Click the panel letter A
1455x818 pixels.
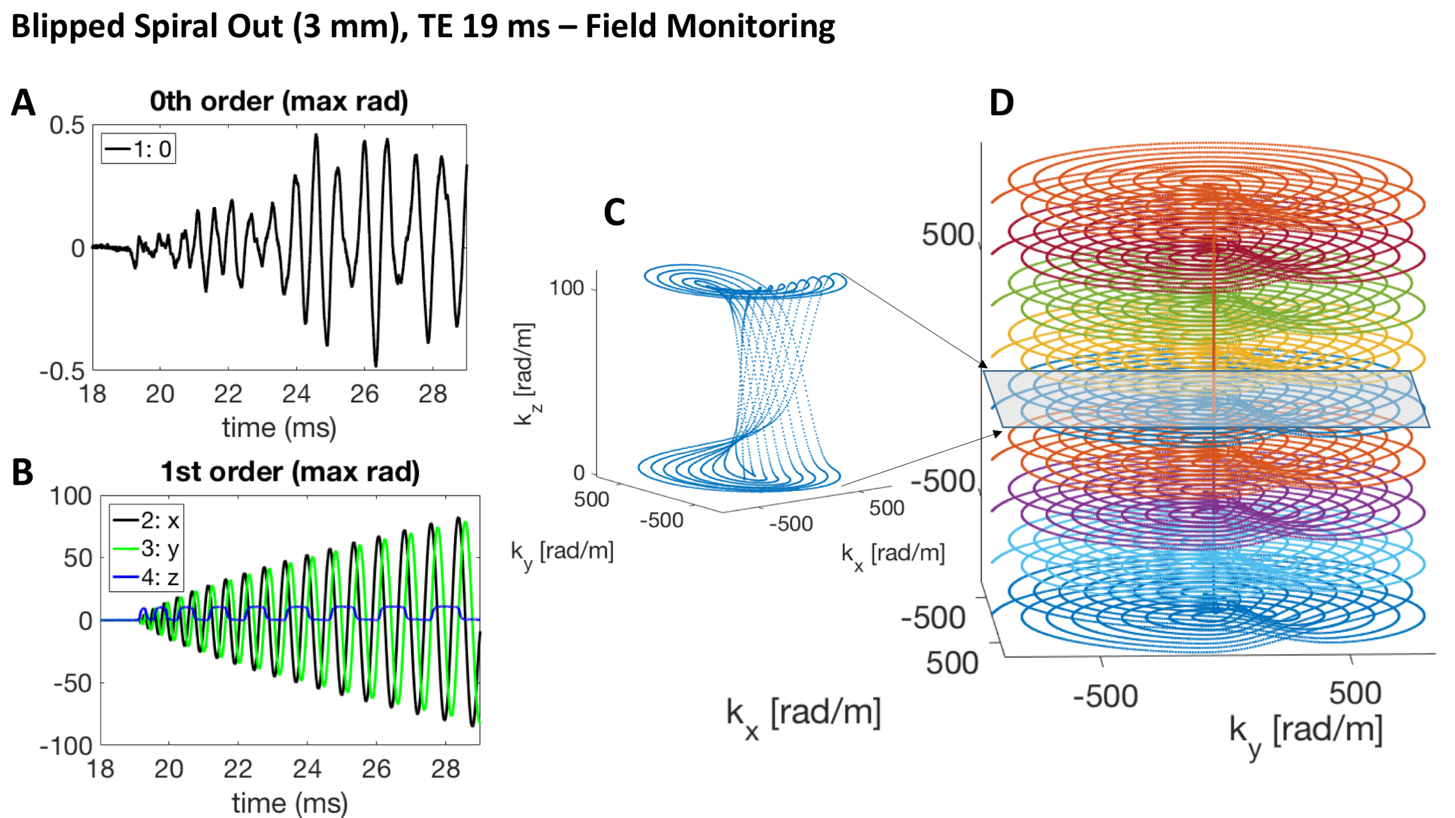tap(23, 103)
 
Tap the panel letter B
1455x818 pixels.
tap(22, 472)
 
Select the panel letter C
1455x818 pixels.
tap(614, 212)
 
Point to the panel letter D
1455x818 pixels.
tap(1001, 103)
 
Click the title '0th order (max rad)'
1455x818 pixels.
tap(279, 102)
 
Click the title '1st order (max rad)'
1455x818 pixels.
tap(290, 472)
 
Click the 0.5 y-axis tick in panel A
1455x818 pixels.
tap(67, 126)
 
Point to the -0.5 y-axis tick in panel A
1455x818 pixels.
tap(62, 371)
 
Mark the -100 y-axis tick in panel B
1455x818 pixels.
tap(66, 746)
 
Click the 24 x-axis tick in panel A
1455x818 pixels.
tap(296, 394)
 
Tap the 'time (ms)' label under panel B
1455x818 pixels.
tap(289, 803)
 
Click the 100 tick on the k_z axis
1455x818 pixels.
tap(566, 288)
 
